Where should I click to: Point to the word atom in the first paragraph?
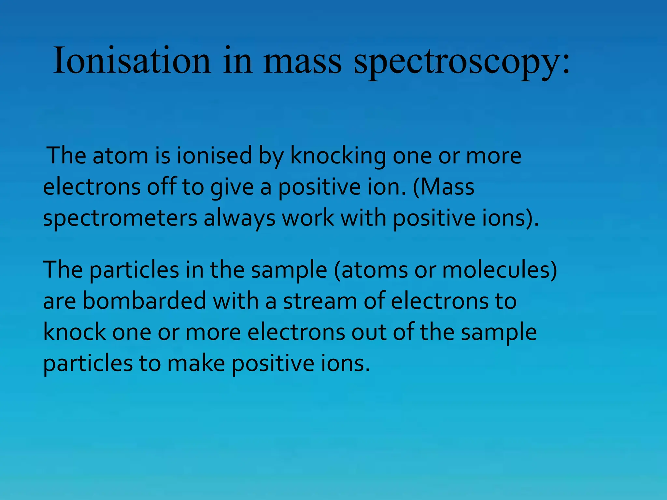pos(121,156)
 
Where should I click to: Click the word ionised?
pos(214,156)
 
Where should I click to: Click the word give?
pos(232,187)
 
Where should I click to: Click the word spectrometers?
pos(120,218)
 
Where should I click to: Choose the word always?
pos(239,218)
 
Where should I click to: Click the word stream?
pos(320,301)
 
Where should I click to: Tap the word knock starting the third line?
pos(74,332)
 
